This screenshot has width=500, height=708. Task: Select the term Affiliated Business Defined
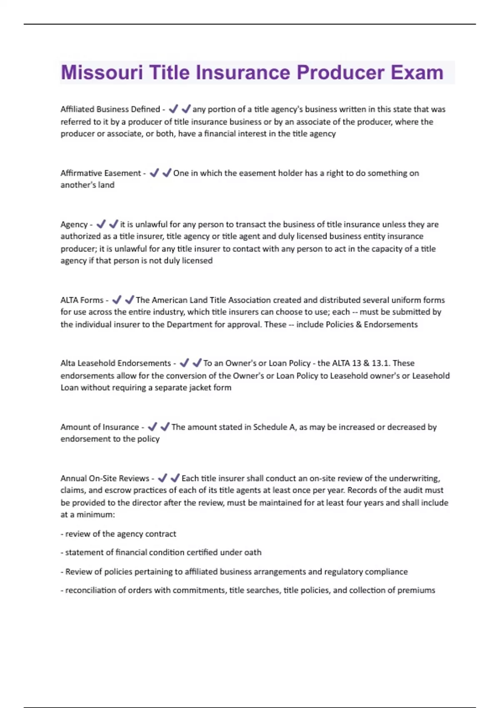click(110, 109)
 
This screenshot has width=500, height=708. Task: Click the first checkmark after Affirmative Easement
click(154, 173)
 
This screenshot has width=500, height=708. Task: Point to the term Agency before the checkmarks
click(74, 224)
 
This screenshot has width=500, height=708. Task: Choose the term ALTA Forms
click(82, 300)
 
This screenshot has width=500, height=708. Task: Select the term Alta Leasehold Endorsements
click(115, 363)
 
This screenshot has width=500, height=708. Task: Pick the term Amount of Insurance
click(100, 427)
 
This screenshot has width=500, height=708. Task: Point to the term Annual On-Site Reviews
click(105, 478)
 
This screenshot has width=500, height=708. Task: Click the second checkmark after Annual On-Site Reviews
click(175, 478)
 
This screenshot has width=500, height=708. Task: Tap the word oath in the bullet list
click(252, 552)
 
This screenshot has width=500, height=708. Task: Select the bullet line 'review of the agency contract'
click(120, 534)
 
